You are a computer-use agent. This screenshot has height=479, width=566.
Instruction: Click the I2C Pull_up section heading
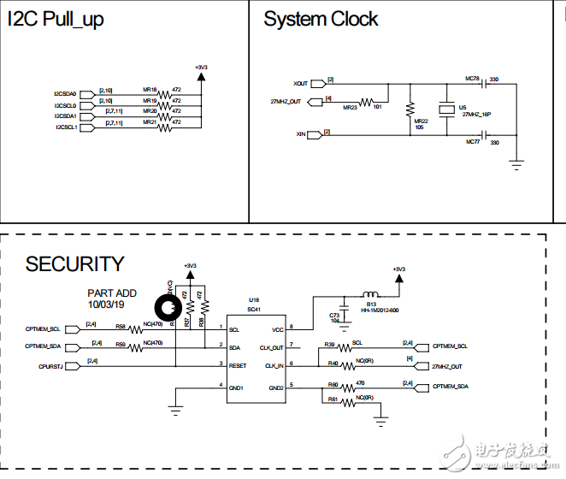tap(56, 20)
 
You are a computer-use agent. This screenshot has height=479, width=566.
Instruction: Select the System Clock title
tap(321, 20)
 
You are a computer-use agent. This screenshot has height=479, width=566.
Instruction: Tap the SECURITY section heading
tap(74, 264)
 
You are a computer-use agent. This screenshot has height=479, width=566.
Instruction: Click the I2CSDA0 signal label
tap(65, 93)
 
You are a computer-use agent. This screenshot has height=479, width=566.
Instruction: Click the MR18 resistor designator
tap(150, 89)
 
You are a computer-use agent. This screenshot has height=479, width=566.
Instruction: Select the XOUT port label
tap(301, 84)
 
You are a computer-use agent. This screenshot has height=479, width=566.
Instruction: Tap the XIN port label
tap(301, 134)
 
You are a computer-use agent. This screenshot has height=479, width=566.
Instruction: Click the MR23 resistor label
tap(350, 109)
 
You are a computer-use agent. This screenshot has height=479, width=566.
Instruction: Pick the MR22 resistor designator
tap(421, 121)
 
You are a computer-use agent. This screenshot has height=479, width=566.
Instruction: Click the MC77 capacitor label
tap(472, 143)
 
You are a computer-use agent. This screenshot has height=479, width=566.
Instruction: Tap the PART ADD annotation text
tap(111, 293)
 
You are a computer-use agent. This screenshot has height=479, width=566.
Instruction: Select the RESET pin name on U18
tap(238, 365)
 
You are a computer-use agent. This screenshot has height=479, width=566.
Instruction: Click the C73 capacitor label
tap(333, 316)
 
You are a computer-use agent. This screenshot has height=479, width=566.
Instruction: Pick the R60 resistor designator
tap(333, 385)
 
